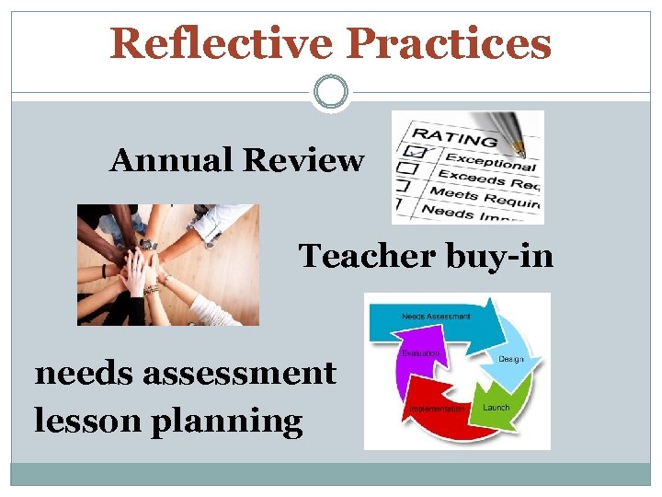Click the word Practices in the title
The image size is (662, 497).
coord(451,43)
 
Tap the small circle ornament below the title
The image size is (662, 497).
coord(330,92)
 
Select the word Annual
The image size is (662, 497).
coord(171,161)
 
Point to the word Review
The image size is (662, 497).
coord(302,161)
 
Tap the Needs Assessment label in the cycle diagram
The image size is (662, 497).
coord(435,316)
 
